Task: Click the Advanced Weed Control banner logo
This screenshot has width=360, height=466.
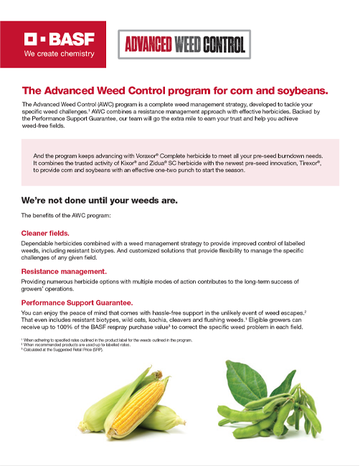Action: click(x=183, y=45)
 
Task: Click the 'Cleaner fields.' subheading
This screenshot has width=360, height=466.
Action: click(x=45, y=233)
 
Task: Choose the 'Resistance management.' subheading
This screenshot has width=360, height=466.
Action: click(x=65, y=272)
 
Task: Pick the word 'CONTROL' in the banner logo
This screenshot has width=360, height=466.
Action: click(x=219, y=45)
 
